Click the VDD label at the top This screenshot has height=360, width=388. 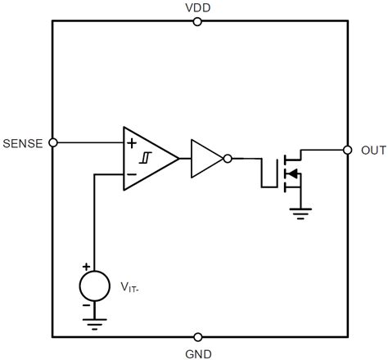point(196,7)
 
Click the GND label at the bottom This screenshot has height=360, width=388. point(196,353)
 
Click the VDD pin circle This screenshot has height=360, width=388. point(196,21)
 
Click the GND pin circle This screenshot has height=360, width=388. point(196,336)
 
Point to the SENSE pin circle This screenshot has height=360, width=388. point(53,142)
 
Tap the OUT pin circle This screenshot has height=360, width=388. point(345,151)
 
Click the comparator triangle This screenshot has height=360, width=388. point(147,158)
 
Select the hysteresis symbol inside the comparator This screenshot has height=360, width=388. point(146,158)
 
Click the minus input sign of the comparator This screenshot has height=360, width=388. point(131,173)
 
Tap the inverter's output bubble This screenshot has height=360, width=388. point(228,158)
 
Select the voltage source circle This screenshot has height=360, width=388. point(94,286)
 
